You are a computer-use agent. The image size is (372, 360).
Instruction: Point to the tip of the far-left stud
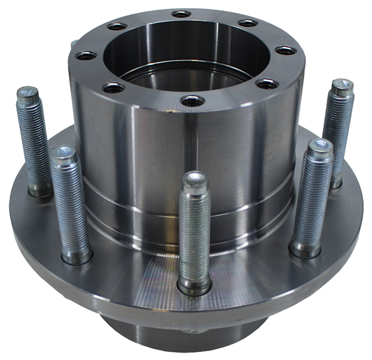click(27, 95)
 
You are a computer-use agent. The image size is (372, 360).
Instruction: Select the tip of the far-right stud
click(342, 87)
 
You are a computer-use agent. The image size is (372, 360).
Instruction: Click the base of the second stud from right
click(306, 248)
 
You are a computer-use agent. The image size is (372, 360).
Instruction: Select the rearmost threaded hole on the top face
click(182, 14)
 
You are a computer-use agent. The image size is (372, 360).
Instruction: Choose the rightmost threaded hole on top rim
click(285, 51)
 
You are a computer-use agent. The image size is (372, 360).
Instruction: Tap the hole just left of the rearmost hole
click(116, 27)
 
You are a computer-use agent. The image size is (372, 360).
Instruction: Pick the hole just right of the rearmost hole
click(248, 24)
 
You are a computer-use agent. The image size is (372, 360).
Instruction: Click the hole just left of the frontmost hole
click(113, 88)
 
